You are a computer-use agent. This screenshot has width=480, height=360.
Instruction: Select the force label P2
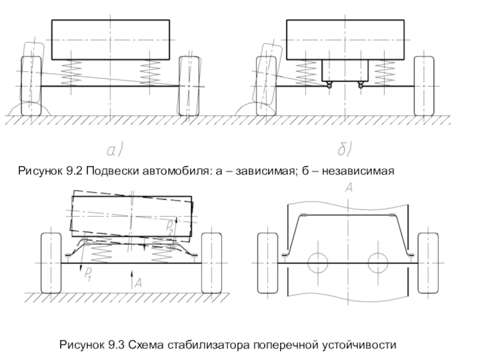[x=170, y=227]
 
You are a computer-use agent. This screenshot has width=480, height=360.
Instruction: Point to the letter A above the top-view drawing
[x=349, y=188]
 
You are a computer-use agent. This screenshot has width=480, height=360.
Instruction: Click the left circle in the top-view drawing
[x=317, y=262]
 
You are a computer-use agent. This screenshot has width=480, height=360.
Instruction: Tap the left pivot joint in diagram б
[x=329, y=85]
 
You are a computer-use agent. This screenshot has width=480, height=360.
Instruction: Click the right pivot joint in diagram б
[x=361, y=85]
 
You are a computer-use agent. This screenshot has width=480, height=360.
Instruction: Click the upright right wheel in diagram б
[x=424, y=86]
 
